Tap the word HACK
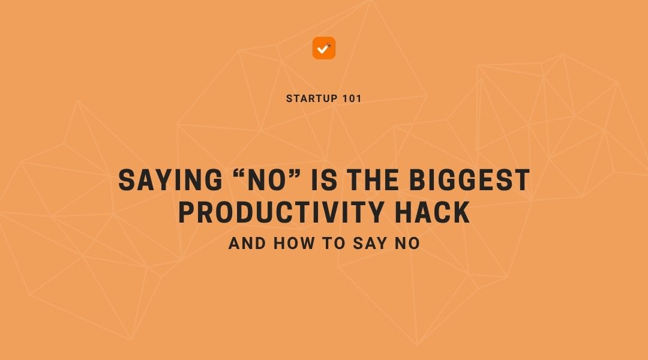click(x=433, y=212)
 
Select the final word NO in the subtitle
click(x=407, y=244)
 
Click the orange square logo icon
click(x=324, y=48)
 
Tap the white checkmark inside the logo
click(x=323, y=49)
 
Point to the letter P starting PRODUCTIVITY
click(x=187, y=212)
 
